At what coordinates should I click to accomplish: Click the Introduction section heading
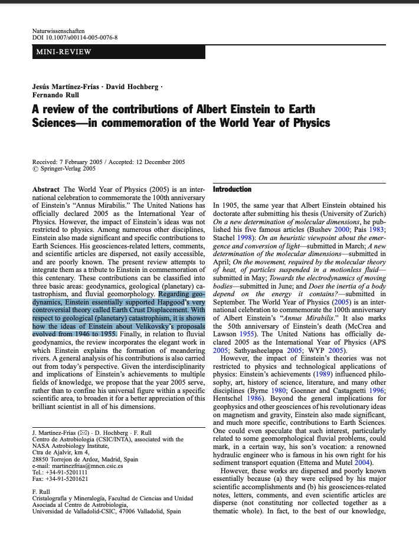tap(232, 189)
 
